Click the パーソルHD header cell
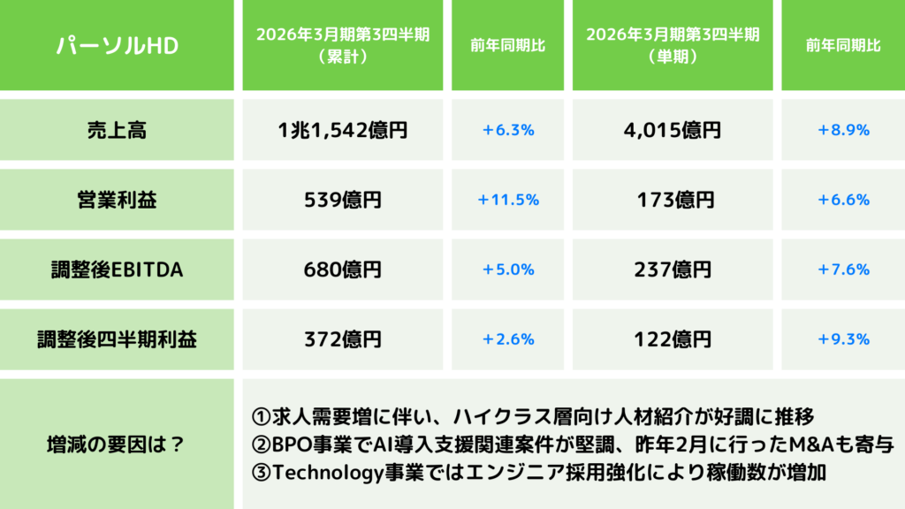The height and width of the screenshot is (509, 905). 118,45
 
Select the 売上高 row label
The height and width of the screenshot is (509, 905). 118,130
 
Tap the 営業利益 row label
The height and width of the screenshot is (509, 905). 118,200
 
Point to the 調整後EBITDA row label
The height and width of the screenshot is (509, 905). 118,270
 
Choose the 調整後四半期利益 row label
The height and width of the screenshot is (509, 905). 118,338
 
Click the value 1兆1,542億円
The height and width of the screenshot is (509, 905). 342,130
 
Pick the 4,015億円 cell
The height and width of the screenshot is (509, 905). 673,130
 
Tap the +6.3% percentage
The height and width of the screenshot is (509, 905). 508,130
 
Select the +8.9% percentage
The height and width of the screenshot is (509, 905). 843,130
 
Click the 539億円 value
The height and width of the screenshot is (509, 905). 342,200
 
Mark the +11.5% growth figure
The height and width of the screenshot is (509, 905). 508,200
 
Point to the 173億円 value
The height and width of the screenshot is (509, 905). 673,200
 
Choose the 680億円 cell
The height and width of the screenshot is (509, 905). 342,270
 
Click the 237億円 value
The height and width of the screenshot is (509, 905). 673,270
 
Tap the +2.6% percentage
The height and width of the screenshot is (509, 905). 508,338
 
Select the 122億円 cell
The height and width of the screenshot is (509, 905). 673,338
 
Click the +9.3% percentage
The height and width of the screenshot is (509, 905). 843,338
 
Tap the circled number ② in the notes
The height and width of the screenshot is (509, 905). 262,444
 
